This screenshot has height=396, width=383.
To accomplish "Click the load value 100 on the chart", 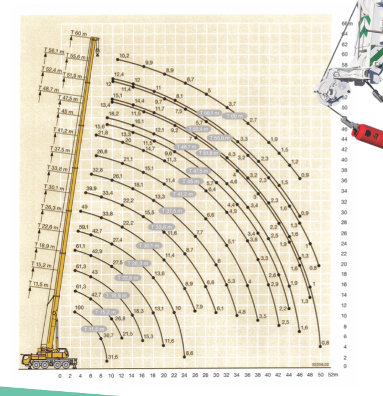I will [79, 307].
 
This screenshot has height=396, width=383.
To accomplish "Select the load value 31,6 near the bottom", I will [112, 357].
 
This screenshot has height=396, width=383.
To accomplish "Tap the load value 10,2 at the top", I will [124, 55].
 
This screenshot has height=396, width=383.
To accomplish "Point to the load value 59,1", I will [83, 227].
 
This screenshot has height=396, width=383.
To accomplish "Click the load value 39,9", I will [91, 188].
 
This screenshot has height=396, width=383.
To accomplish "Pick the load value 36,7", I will [108, 336].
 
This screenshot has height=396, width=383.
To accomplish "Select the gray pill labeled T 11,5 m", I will [94, 329].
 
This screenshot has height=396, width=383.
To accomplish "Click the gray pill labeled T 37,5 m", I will [172, 211].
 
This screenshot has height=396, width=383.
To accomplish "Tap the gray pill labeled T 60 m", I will [233, 116].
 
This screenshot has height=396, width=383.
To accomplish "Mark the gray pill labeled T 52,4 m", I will [198, 129].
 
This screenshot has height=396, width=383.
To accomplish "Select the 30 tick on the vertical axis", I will [345, 202].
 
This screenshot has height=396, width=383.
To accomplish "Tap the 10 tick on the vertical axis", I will [345, 315].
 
